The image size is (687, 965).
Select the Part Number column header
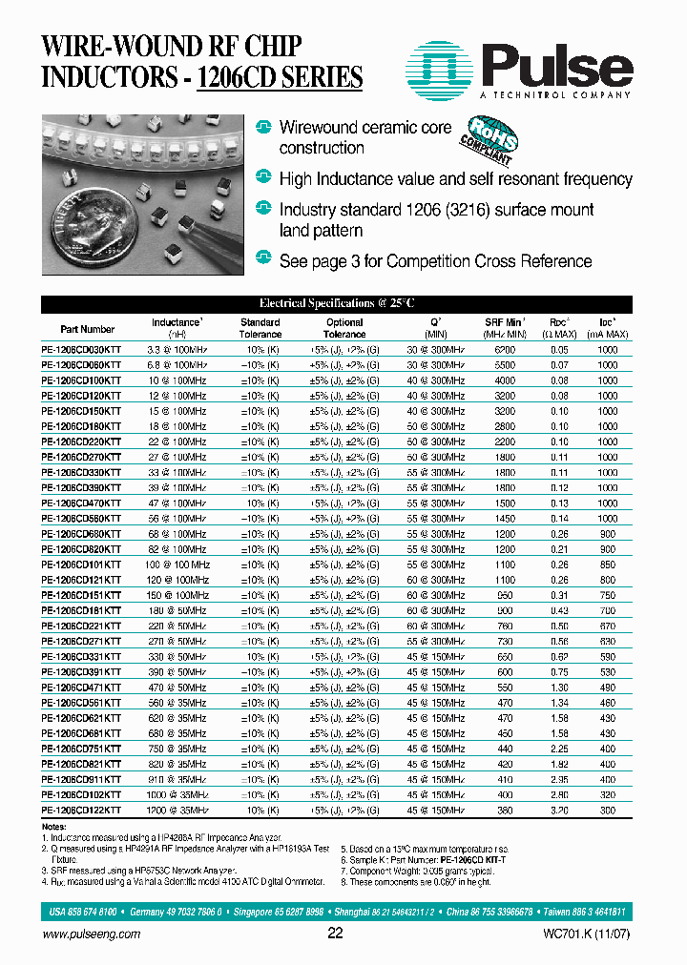click(87, 329)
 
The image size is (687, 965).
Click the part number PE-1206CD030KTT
click(82, 350)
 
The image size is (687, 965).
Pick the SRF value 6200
click(505, 350)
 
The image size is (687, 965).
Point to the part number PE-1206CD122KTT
click(82, 810)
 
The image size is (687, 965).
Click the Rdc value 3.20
click(559, 810)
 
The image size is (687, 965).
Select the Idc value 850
click(607, 565)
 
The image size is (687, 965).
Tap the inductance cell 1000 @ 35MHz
click(177, 794)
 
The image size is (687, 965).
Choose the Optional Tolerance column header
click(344, 328)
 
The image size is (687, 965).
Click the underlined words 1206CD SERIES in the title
click(280, 76)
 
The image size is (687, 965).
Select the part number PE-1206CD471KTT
click(82, 687)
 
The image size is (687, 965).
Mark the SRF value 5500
click(505, 365)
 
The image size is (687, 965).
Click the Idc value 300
click(607, 810)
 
